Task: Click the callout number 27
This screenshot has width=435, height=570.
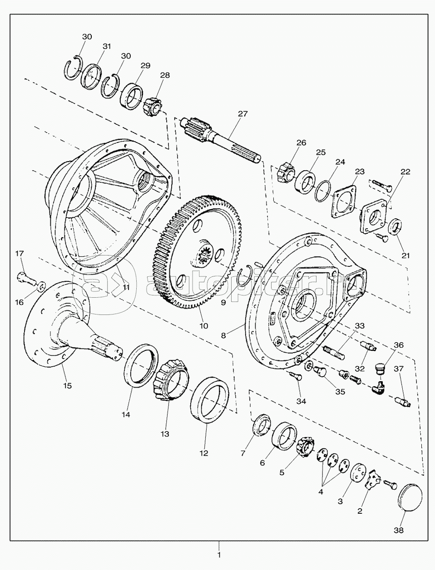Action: click(242, 114)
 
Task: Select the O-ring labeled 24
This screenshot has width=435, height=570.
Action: click(323, 191)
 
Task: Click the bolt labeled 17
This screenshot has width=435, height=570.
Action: click(26, 278)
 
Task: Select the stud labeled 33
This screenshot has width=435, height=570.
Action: click(334, 352)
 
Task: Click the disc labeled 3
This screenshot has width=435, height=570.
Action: click(358, 475)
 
